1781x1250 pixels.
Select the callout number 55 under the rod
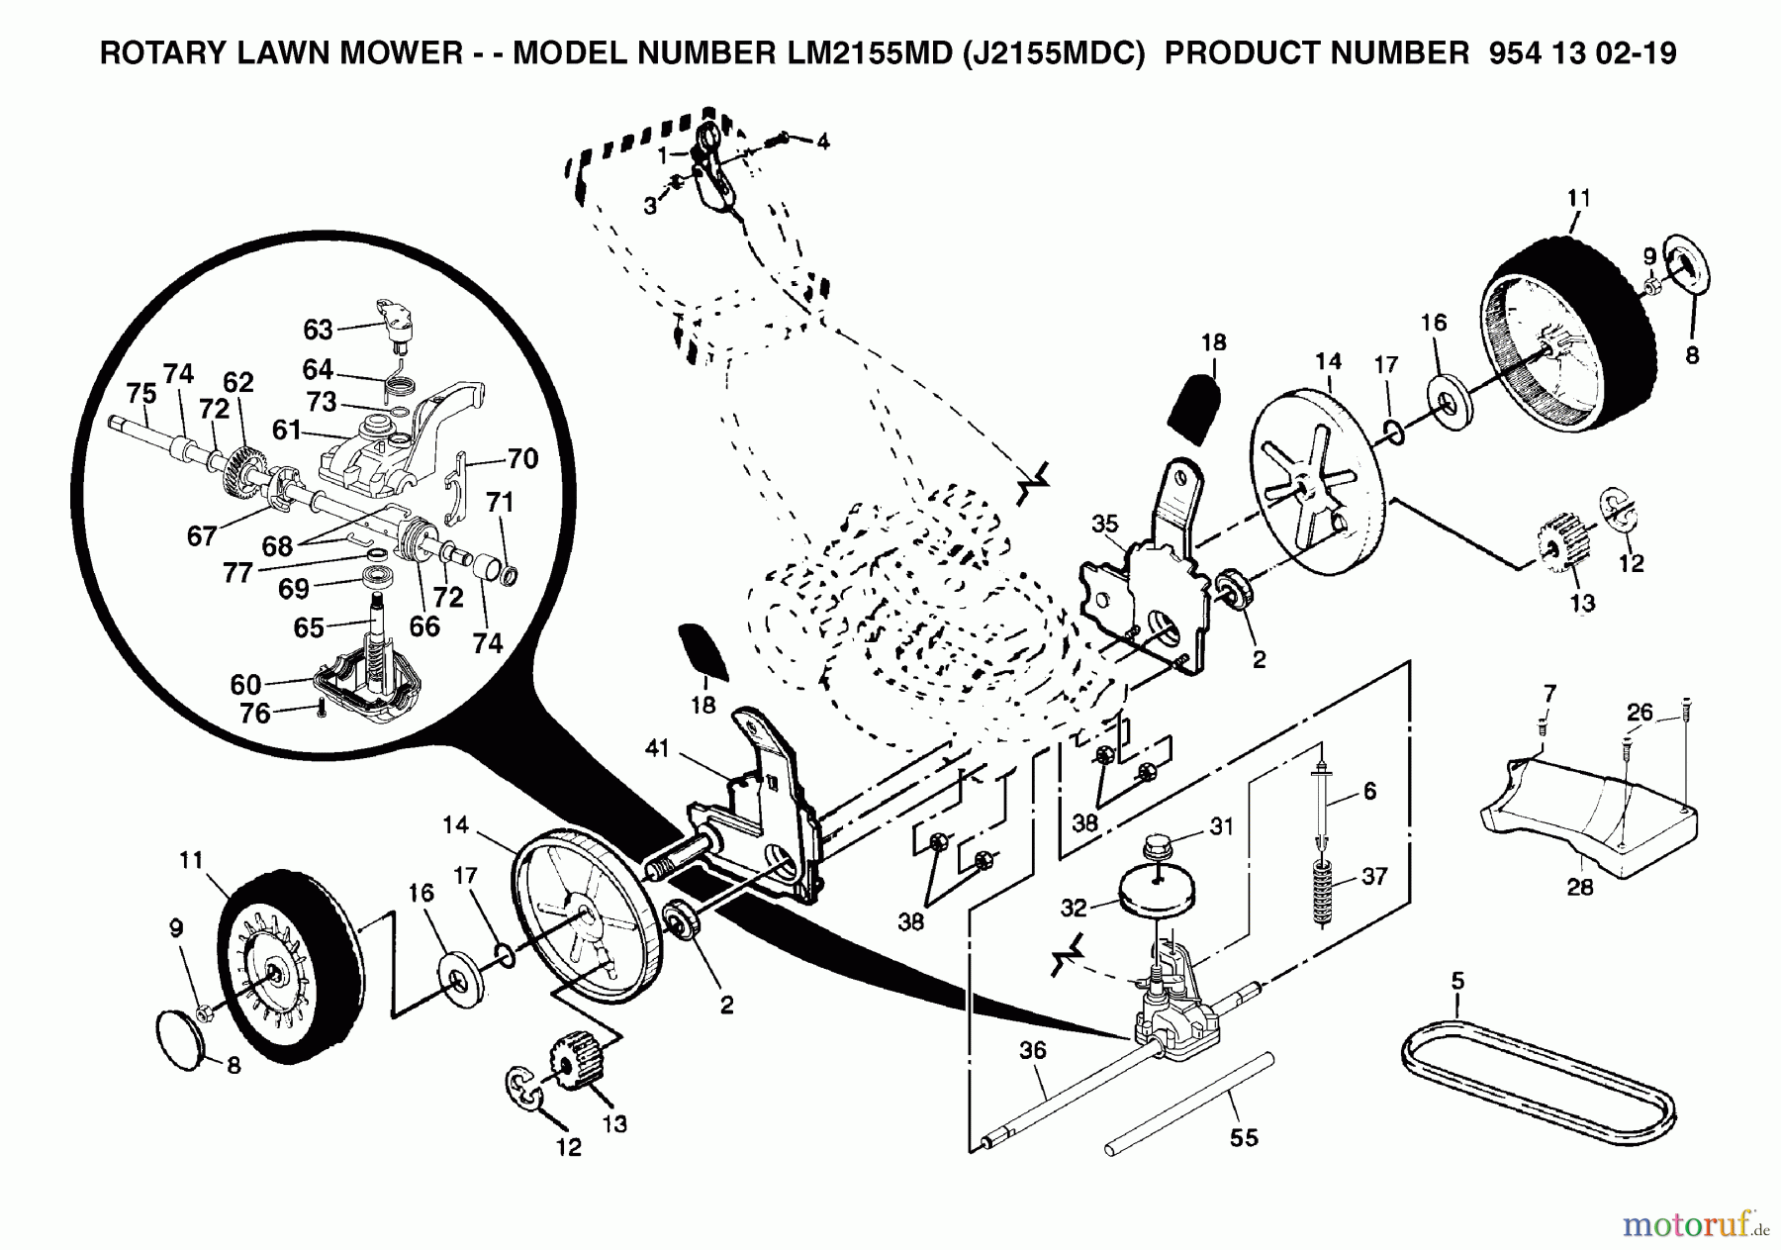tap(1244, 1137)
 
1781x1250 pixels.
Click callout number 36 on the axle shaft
tap(1032, 1050)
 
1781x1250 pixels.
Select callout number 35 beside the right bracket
tap(1105, 523)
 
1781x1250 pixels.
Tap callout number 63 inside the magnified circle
tap(319, 328)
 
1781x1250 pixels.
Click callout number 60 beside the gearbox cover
tap(245, 684)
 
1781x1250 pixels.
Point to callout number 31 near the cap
tap(1222, 825)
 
